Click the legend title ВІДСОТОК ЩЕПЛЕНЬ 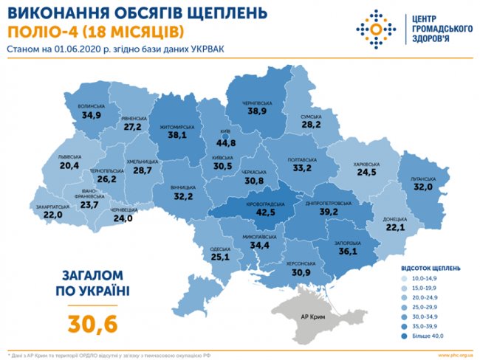coord(431,267)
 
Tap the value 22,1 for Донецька coord(395,228)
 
